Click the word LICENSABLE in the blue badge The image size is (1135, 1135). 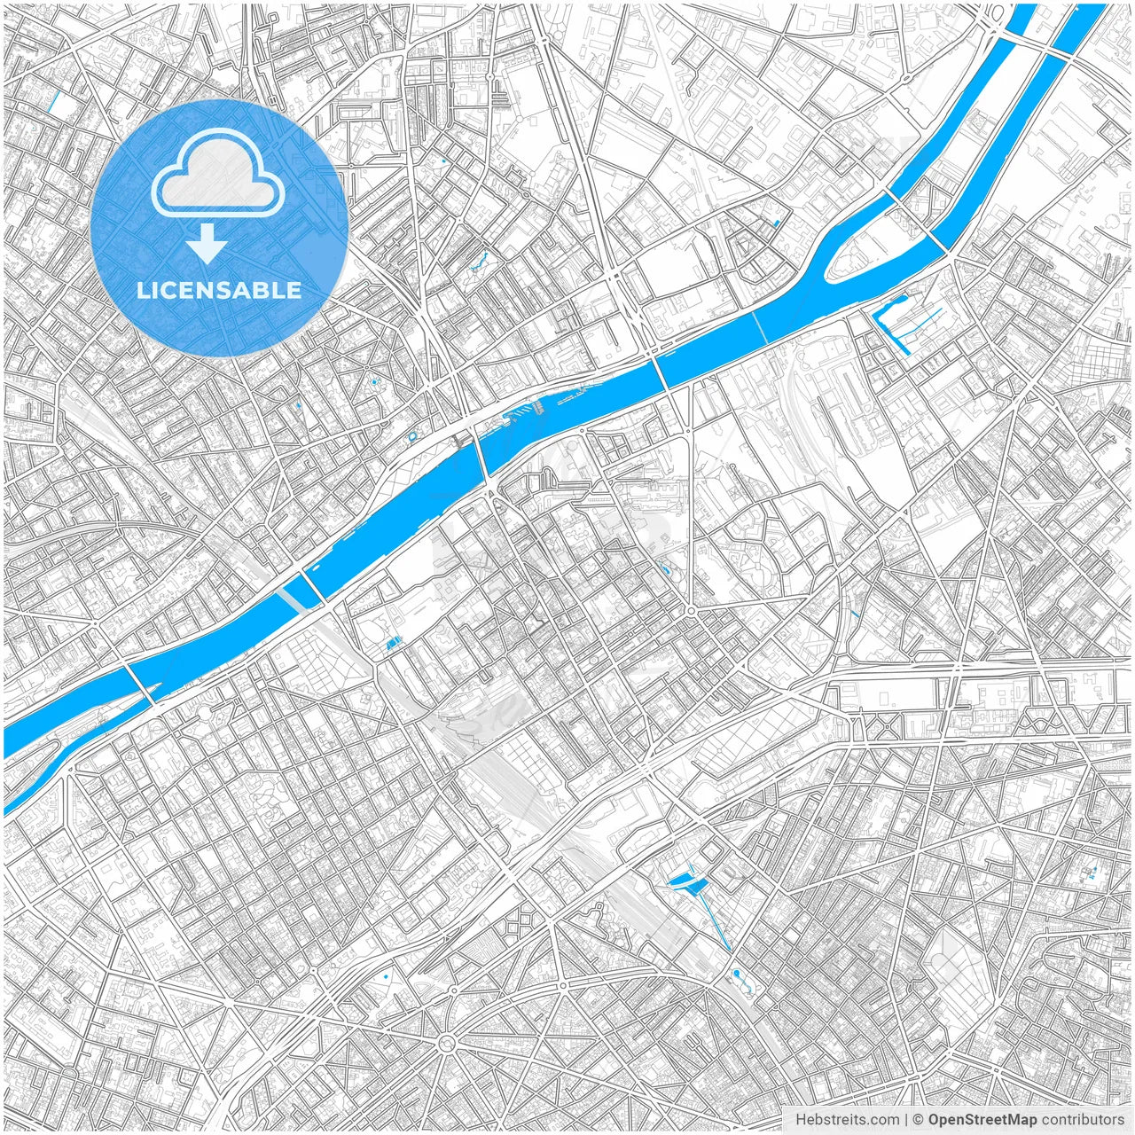219,290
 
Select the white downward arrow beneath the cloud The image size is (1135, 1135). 207,244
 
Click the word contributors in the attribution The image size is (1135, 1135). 1083,1120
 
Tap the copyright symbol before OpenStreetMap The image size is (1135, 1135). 919,1120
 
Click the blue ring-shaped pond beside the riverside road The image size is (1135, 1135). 413,436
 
